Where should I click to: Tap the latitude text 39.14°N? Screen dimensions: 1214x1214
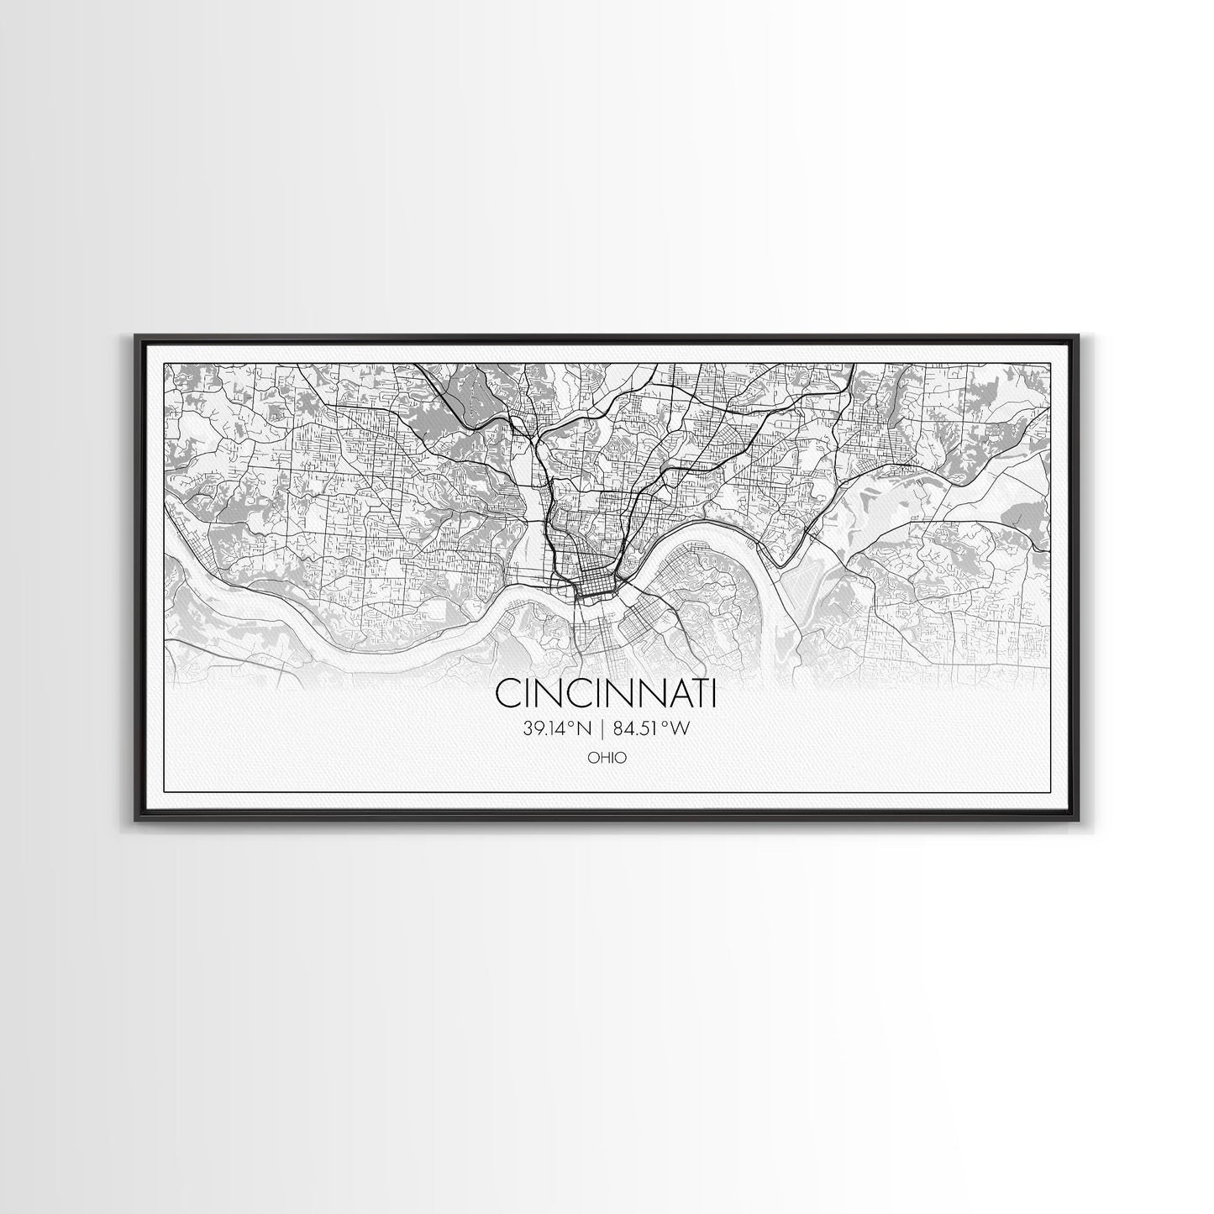[x=557, y=729]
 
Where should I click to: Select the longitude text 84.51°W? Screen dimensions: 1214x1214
[x=652, y=729]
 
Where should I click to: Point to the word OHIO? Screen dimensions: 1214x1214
[x=607, y=758]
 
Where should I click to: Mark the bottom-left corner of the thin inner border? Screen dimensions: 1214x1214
[x=164, y=791]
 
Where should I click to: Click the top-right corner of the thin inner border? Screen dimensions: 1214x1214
[x=1051, y=362]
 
